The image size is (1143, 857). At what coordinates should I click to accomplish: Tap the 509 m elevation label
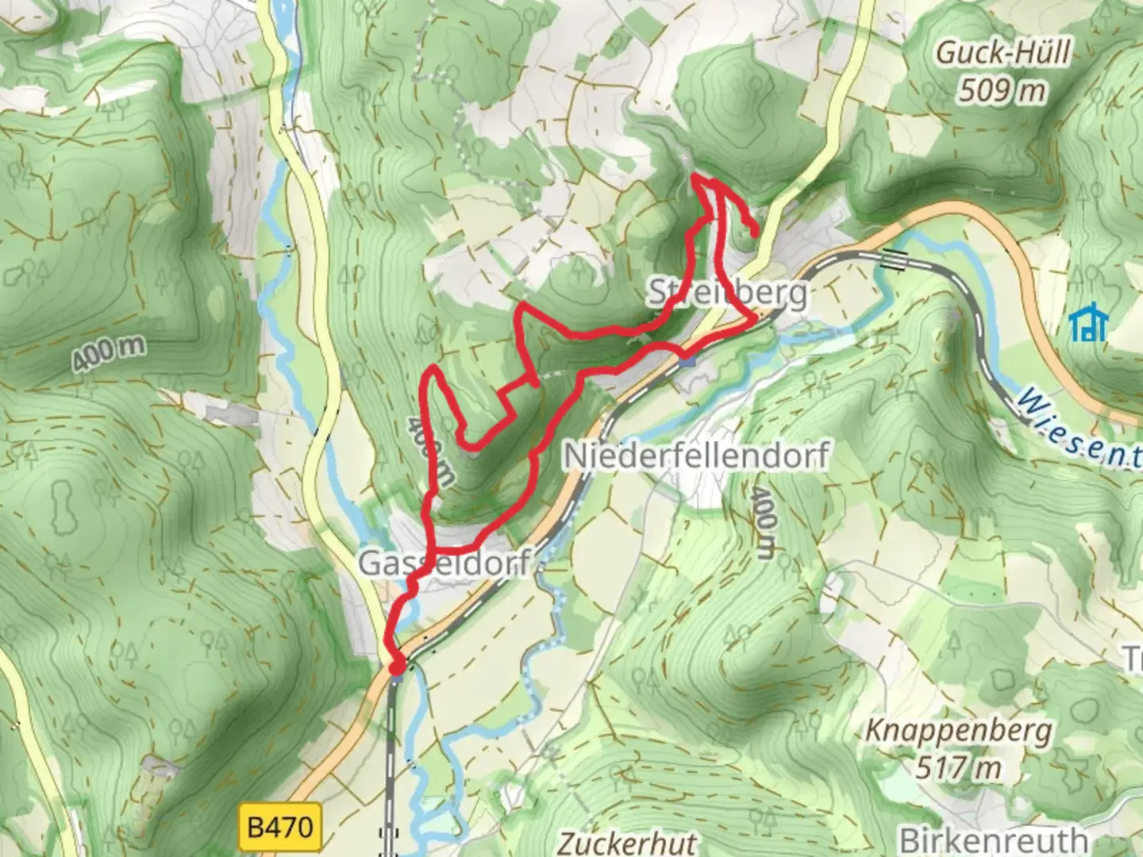1002,90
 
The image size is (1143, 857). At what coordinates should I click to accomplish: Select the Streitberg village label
727,294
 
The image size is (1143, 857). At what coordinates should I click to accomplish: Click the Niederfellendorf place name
696,456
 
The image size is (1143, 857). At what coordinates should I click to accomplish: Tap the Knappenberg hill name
958,731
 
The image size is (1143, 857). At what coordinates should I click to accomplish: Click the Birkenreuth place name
993,840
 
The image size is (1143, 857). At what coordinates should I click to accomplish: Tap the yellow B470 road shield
279,828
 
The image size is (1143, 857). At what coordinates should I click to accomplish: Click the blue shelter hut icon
1088,323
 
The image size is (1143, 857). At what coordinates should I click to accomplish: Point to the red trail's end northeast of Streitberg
753,232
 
